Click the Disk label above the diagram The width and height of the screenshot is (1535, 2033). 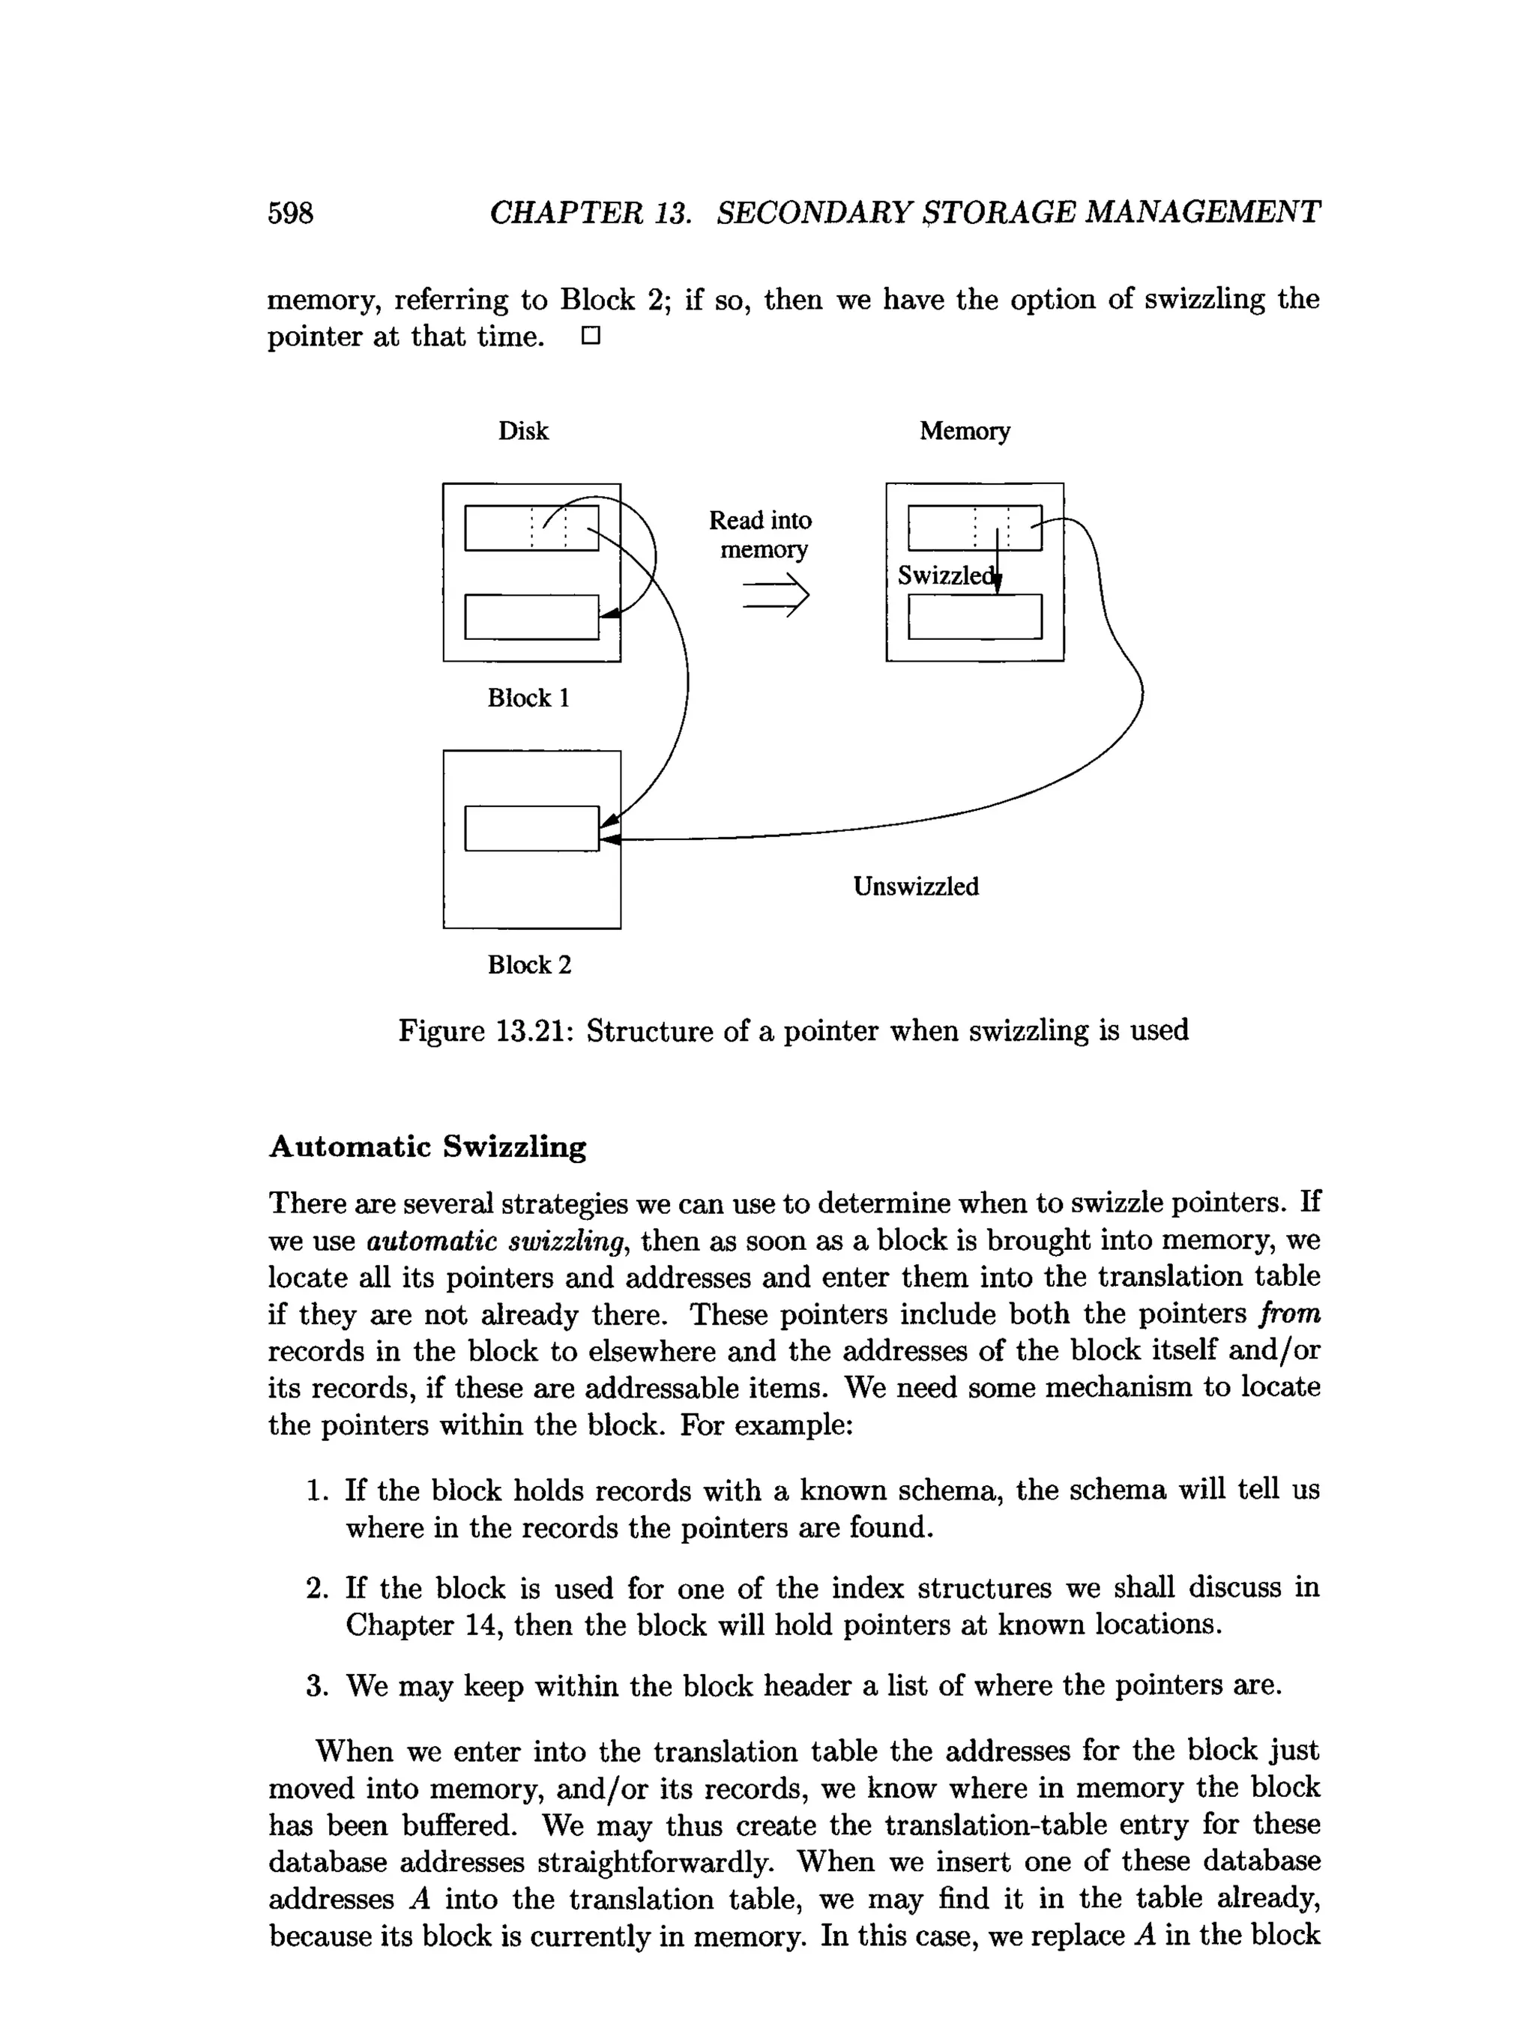click(x=522, y=431)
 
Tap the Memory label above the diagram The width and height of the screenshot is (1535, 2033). click(x=963, y=431)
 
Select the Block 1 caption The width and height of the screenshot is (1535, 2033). click(x=528, y=698)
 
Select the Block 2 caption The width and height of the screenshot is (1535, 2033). click(x=528, y=964)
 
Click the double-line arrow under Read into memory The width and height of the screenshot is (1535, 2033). click(x=775, y=596)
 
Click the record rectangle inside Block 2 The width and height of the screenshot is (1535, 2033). click(x=531, y=828)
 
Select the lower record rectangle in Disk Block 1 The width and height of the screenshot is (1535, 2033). click(x=531, y=617)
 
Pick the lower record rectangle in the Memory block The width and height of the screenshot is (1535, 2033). click(x=974, y=617)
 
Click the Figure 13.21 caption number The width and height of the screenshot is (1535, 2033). click(x=528, y=1030)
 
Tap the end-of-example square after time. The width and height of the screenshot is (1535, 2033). click(x=590, y=336)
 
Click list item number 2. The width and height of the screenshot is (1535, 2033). click(x=317, y=1589)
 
